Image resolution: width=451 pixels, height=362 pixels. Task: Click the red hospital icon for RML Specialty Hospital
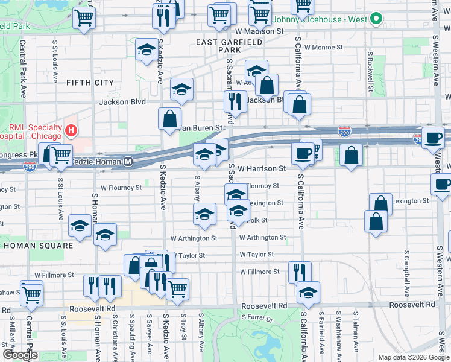pos(71,130)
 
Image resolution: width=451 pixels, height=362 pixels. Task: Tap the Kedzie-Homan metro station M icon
pos(128,162)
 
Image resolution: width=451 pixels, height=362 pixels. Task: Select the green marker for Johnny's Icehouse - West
pos(376,19)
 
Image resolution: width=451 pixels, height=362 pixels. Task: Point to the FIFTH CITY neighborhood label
pos(90,82)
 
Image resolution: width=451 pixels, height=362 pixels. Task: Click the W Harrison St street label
pos(261,169)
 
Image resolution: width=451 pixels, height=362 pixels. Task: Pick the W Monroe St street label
pos(323,46)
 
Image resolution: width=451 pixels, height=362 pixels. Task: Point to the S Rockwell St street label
pos(369,66)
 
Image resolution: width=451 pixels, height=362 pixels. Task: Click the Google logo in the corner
pos(20,354)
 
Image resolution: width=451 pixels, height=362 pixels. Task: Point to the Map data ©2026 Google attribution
pos(413,357)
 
